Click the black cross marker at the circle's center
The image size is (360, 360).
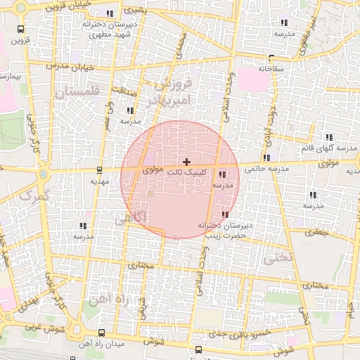pos(186,162)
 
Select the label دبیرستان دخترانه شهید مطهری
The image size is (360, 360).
pos(108,29)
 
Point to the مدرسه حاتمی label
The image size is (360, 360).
pos(262,169)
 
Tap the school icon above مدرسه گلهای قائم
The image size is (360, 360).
pos(328,137)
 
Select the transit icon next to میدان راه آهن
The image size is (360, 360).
pos(102,333)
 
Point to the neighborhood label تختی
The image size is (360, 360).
pos(276,258)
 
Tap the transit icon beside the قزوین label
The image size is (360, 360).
pos(20,30)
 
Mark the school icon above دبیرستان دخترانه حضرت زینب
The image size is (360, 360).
pos(225,214)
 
